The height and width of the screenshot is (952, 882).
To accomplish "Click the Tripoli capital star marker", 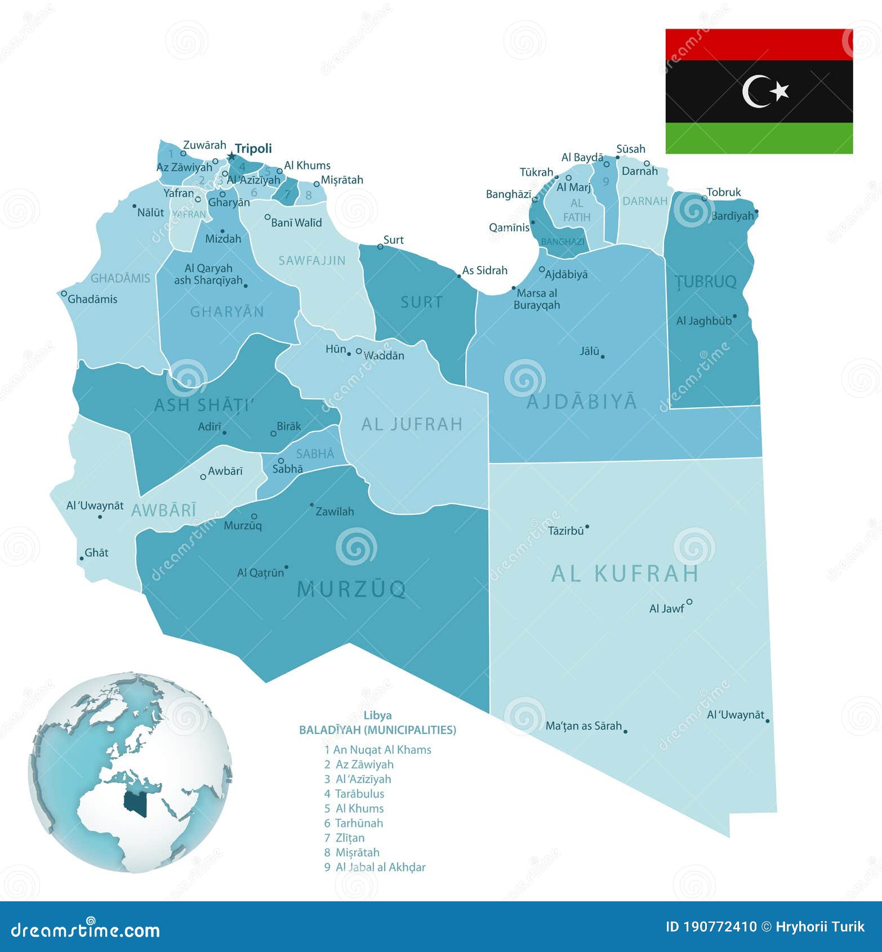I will (x=231, y=156).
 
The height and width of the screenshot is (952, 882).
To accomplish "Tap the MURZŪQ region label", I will (x=351, y=589).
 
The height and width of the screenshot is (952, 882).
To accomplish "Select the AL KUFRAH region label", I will (x=625, y=573).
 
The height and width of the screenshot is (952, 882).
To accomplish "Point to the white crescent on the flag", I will (x=755, y=91).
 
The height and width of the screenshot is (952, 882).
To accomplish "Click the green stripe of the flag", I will (x=759, y=138).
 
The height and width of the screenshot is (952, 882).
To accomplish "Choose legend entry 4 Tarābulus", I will (x=354, y=794).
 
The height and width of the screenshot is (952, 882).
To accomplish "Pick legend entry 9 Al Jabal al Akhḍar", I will (x=375, y=867).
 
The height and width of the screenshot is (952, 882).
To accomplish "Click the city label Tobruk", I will (x=724, y=192).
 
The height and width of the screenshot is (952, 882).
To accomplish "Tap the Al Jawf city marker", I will (x=689, y=602).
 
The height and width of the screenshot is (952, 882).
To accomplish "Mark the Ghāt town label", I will (x=96, y=553).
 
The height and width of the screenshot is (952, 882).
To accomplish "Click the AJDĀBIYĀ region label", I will (x=582, y=402).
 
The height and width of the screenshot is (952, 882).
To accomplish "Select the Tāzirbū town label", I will (x=566, y=530).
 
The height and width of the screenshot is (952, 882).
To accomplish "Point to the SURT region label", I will (x=422, y=302).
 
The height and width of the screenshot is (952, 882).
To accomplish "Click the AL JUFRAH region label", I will (x=412, y=424).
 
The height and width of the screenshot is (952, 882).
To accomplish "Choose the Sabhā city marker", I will (x=280, y=460).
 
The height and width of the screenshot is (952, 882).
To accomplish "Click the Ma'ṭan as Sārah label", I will (x=583, y=726).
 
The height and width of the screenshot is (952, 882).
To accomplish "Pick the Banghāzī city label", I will (x=509, y=194).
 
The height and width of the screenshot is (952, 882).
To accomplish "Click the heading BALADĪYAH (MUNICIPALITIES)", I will (x=377, y=730).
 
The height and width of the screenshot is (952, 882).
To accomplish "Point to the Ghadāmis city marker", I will (x=64, y=293).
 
